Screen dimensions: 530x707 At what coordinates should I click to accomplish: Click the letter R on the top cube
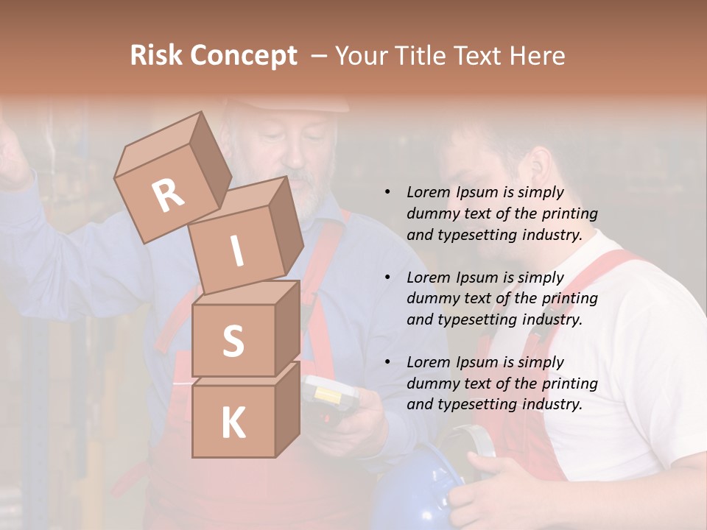pos(169,195)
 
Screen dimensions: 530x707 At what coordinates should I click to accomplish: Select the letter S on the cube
pos(233,341)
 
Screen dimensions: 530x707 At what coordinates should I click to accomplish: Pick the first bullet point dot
pos(387,192)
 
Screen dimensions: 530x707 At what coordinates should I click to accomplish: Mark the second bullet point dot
pos(387,278)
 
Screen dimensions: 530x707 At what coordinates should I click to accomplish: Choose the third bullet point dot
pos(387,362)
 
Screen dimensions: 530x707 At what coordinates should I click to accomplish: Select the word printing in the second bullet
pos(569,298)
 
